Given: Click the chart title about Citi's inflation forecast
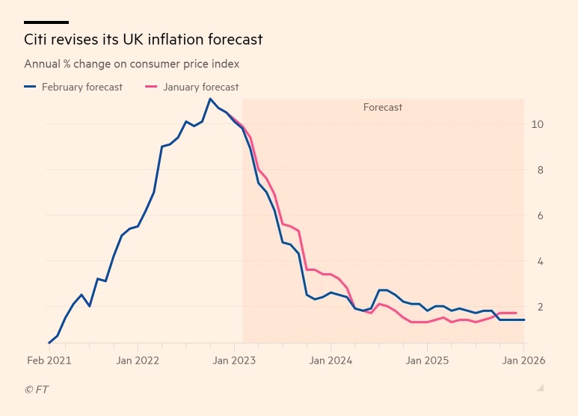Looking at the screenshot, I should click(144, 39).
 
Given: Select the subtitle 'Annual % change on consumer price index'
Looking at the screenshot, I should click(132, 64).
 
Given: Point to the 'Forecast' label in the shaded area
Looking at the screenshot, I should click(383, 107).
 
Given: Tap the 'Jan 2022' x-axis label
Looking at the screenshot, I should click(138, 360).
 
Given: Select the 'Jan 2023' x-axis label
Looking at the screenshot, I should click(235, 360).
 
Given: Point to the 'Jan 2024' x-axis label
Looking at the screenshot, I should click(331, 360).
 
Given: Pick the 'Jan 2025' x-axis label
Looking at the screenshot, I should click(427, 360).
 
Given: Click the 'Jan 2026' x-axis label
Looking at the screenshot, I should click(523, 360).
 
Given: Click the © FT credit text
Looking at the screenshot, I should click(37, 389).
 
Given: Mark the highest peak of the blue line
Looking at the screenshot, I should click(210, 99).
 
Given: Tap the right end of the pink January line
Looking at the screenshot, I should click(516, 313).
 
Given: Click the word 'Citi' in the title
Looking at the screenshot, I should click(37, 39).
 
